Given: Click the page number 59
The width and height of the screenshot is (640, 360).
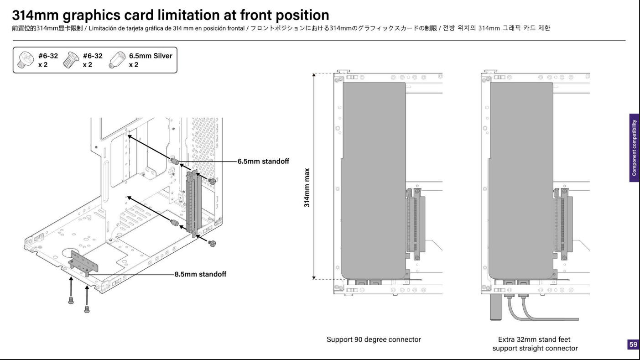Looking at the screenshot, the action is (633, 344).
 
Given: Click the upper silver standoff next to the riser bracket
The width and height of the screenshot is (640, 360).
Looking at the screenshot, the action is (174, 161).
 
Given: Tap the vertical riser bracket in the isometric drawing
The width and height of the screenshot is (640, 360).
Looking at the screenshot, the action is (193, 201).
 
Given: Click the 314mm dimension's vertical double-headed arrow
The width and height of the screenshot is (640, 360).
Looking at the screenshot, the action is (314, 176).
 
